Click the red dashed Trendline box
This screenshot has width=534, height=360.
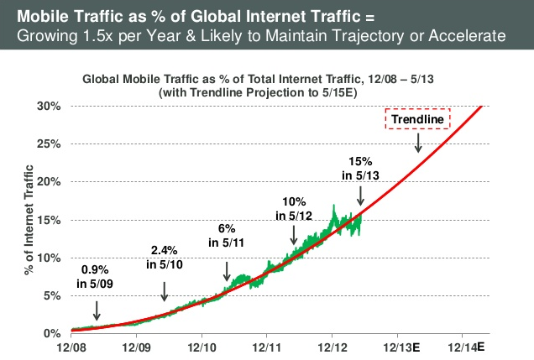point(417,119)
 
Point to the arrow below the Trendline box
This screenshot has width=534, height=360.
point(417,143)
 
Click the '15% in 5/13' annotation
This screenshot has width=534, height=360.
point(359,168)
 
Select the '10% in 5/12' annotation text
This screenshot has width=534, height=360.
point(292,208)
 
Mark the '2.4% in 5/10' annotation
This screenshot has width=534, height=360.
point(164,258)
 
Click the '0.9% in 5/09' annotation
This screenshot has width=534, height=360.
point(97,277)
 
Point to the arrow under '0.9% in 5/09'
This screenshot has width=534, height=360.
point(97,310)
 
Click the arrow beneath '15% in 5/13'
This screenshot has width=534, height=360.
point(360,195)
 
